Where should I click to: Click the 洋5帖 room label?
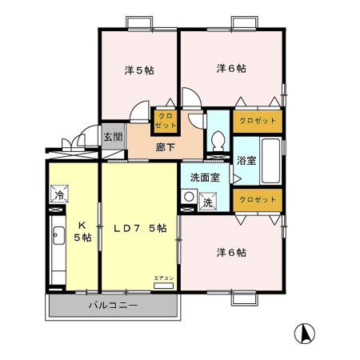(138, 70)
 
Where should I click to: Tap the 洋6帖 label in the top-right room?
(230, 69)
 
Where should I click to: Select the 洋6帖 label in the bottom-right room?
(230, 253)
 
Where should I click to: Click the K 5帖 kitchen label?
(83, 231)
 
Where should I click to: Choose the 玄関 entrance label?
(113, 137)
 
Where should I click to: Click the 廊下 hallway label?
(166, 148)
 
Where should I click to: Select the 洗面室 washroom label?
(204, 178)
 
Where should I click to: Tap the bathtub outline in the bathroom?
(271, 160)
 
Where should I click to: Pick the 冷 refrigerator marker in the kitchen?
(58, 194)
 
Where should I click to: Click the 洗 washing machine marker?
(206, 202)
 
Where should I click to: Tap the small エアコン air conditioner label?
(162, 278)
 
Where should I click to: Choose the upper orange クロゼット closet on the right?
(258, 120)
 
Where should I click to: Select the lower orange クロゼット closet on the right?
(258, 199)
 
